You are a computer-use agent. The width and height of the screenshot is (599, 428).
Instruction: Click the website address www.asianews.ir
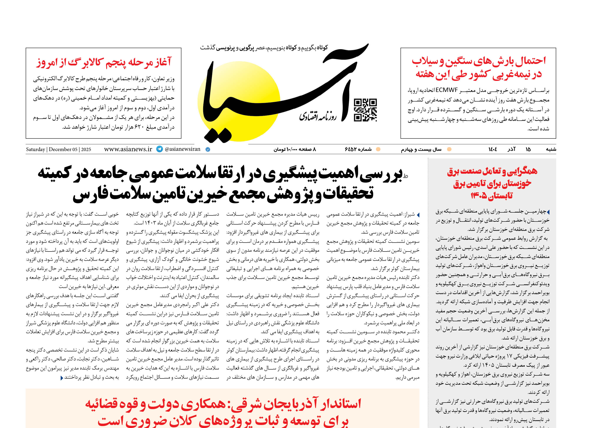[128, 149]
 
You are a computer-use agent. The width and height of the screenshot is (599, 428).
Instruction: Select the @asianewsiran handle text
[182, 149]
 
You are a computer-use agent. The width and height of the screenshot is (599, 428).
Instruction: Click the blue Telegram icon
[160, 149]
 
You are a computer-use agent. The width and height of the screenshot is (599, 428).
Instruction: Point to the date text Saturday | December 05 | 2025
[58, 149]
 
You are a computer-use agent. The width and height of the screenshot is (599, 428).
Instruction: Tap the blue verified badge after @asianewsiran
[208, 149]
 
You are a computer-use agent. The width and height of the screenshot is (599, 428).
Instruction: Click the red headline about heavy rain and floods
[479, 67]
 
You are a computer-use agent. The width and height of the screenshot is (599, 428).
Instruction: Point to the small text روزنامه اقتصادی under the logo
[318, 116]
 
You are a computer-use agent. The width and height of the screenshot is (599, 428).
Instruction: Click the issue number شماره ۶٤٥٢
[358, 149]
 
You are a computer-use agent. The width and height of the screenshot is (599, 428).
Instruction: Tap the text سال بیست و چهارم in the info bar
[421, 149]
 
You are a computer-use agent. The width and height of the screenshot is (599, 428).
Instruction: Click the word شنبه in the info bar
[551, 149]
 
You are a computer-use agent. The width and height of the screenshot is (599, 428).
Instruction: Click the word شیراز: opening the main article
[409, 214]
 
